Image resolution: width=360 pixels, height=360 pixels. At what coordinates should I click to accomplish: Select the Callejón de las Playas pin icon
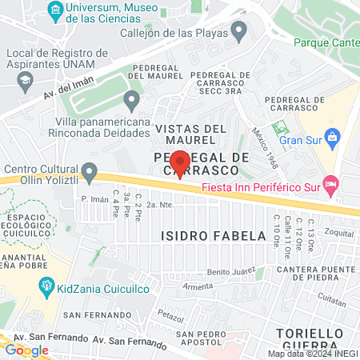pos(238,32)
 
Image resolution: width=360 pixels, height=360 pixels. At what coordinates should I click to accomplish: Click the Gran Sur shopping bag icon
pos(334,138)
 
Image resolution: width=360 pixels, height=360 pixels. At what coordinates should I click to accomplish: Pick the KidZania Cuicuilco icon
pos(47,285)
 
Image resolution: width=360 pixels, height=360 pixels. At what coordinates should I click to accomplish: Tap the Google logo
pos(26,350)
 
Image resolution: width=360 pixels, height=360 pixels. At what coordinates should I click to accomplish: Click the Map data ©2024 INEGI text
pos(312,354)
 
